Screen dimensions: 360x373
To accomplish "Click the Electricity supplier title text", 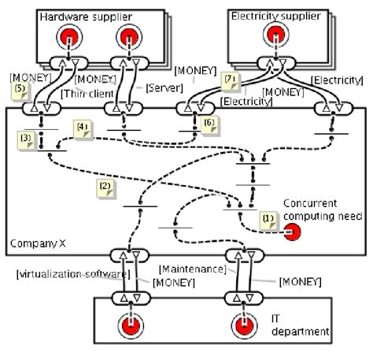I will point(275,15).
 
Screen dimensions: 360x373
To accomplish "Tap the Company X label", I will point(32,245).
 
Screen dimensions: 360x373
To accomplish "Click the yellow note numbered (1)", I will point(268,218).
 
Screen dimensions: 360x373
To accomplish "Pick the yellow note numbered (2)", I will point(104,187).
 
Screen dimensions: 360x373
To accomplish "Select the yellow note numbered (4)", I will point(83,126).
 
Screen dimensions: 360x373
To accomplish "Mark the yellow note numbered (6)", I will point(209,122).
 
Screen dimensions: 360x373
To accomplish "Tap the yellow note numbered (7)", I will point(230,80).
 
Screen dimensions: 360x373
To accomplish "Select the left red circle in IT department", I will point(126,324).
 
